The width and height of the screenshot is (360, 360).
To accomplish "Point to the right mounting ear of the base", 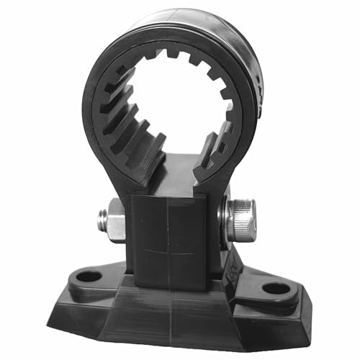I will tap(277, 292).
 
